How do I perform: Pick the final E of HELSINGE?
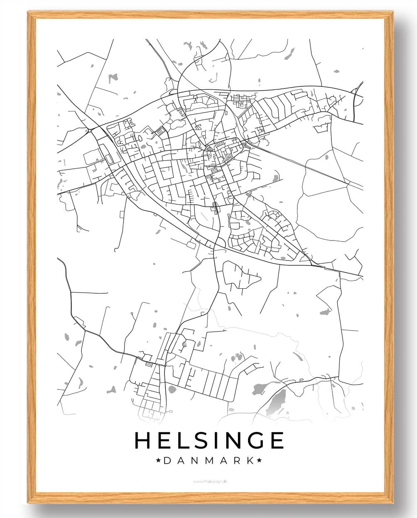276,441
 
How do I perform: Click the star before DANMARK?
158,460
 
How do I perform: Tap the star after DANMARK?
260,460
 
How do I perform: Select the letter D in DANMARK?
167,460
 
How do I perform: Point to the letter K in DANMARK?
249,460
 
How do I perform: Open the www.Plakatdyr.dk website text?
210,481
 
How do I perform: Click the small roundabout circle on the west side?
89,131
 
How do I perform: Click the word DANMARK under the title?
208,460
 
